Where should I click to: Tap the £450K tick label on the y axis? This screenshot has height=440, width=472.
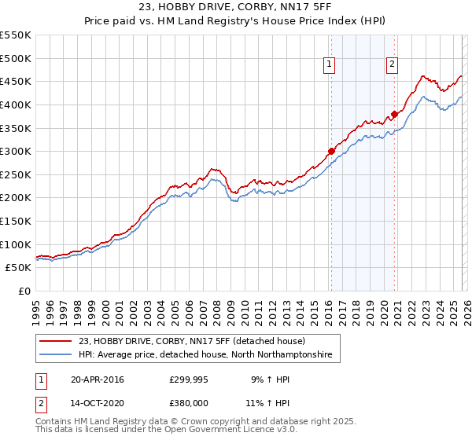pos(16,81)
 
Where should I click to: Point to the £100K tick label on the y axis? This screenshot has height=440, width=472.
pos(16,244)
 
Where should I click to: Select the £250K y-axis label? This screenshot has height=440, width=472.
pos(16,174)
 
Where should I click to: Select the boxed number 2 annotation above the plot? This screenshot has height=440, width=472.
pos(391,65)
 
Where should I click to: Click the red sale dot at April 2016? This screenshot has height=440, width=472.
pos(331,151)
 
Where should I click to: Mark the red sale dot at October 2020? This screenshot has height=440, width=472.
pos(394,113)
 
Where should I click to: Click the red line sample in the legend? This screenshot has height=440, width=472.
pos(57,342)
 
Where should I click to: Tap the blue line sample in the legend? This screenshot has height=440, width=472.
pos(57,355)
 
